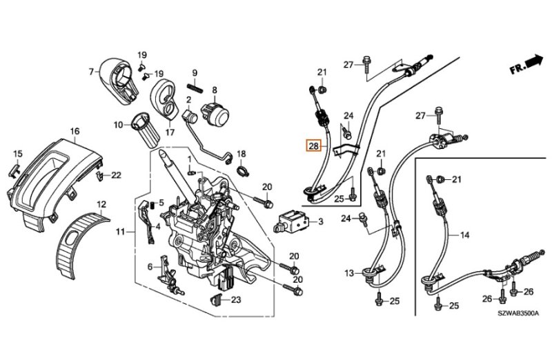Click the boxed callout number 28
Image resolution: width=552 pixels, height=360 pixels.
pos(314,146)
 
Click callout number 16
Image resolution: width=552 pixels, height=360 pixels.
pos(75,130)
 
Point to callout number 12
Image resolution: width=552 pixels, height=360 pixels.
pos(101,204)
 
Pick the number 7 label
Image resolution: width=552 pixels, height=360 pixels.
pos(91,71)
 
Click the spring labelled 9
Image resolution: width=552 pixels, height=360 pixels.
pos(195,88)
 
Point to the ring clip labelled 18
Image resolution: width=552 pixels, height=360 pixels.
pos(241,166)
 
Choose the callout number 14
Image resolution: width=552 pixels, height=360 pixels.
pos(464,235)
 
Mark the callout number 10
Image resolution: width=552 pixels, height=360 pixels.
pos(118,125)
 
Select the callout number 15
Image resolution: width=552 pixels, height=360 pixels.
pos(18,154)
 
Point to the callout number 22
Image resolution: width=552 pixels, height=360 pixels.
pos(116,175)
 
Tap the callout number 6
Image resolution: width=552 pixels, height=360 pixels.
pos(150,266)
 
